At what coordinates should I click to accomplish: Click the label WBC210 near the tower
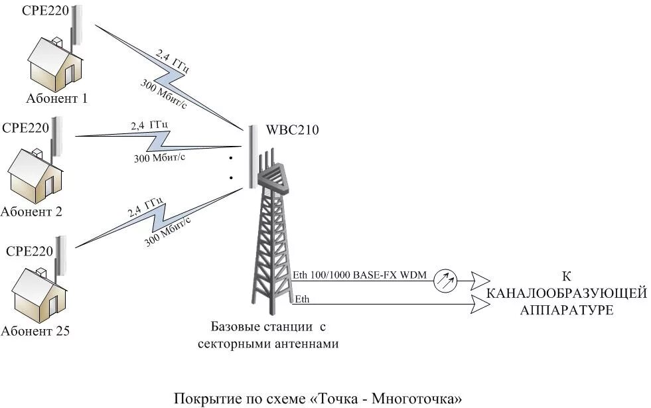click(293, 130)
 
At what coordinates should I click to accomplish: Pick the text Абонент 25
click(35, 330)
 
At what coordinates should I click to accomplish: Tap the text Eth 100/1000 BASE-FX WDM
click(360, 275)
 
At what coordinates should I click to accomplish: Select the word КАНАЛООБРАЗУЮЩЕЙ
click(565, 293)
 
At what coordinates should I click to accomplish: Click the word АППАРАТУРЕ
click(566, 310)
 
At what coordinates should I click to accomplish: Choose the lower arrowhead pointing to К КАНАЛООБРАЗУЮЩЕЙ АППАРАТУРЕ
click(482, 305)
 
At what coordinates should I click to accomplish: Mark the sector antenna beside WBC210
click(252, 157)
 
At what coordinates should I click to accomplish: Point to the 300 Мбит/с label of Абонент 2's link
click(160, 157)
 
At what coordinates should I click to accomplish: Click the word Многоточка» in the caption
click(417, 399)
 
